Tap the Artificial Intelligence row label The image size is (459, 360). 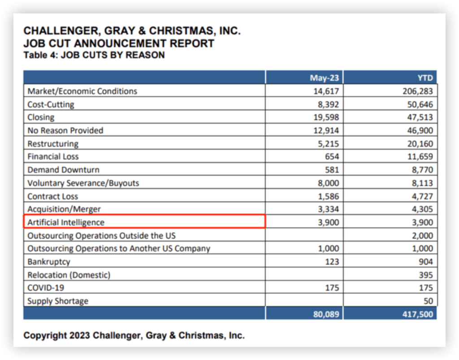click(x=66, y=222)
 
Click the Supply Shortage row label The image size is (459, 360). click(x=58, y=301)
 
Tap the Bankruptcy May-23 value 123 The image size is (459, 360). click(x=332, y=262)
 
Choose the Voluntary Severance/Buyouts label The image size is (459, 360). click(x=83, y=183)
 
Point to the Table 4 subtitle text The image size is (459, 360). click(x=94, y=55)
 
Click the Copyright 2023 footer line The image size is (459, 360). click(x=134, y=335)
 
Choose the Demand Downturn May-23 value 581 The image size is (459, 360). click(x=332, y=170)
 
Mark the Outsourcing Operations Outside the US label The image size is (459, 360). click(x=101, y=235)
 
